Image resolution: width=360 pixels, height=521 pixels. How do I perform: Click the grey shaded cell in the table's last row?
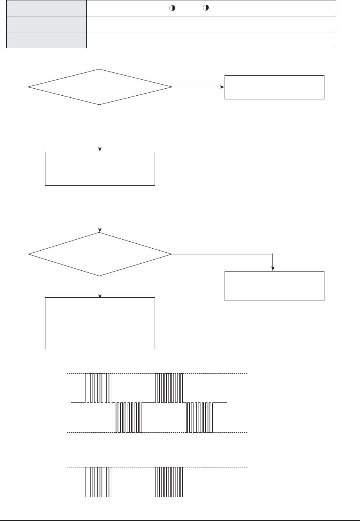[x=47, y=40]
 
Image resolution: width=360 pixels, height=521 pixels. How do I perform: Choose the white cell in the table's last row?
[x=211, y=40]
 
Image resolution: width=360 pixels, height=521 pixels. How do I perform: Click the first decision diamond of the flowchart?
[x=100, y=87]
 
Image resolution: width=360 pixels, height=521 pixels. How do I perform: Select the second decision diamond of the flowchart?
[x=100, y=254]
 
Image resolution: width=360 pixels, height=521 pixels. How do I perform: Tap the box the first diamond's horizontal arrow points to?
[x=274, y=87]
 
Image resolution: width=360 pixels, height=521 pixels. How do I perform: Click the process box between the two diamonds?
[x=100, y=168]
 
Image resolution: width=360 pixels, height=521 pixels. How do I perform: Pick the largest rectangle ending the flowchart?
[x=100, y=323]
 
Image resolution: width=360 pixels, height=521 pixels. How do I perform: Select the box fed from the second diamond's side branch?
[x=274, y=286]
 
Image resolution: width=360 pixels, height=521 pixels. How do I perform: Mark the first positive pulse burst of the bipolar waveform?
[x=99, y=388]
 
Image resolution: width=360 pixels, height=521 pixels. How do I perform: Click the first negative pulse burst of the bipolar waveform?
[x=128, y=417]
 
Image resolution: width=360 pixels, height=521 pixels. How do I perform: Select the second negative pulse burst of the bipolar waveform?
[x=199, y=417]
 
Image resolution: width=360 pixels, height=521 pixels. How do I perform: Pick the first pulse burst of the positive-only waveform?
[x=99, y=482]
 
